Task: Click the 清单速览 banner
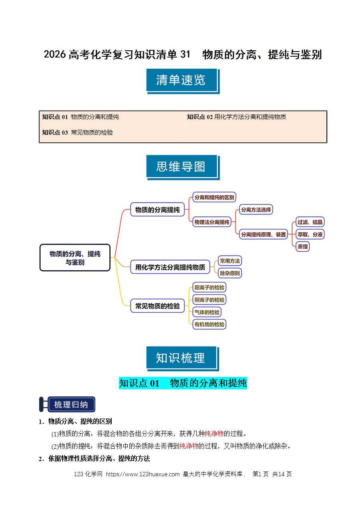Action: [183, 81]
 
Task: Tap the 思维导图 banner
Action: [183, 167]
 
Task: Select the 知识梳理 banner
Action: [183, 359]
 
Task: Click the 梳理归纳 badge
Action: [67, 404]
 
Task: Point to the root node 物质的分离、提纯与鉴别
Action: [75, 257]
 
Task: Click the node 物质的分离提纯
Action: [157, 210]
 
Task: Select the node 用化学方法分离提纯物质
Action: [170, 267]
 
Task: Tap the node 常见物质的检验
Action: [157, 306]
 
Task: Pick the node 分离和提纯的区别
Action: [214, 197]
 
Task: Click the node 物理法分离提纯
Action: [212, 222]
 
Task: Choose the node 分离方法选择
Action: [256, 210]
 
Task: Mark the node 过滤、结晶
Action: [310, 222]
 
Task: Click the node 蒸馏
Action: [303, 247]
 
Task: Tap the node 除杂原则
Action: [229, 273]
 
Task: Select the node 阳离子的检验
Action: [209, 287]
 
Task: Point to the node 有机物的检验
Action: [209, 324]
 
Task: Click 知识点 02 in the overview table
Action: [200, 117]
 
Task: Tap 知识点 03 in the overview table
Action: [55, 132]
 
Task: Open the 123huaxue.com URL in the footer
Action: [142, 474]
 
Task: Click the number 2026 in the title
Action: [55, 55]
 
